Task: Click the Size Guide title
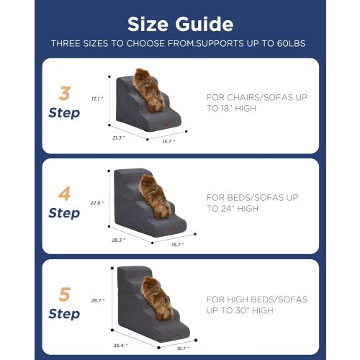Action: (x=180, y=23)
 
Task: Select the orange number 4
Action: (x=64, y=194)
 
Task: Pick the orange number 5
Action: (x=64, y=295)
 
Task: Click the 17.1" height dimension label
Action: (x=96, y=99)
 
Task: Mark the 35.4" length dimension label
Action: (x=120, y=344)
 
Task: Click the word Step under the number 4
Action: (x=64, y=213)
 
